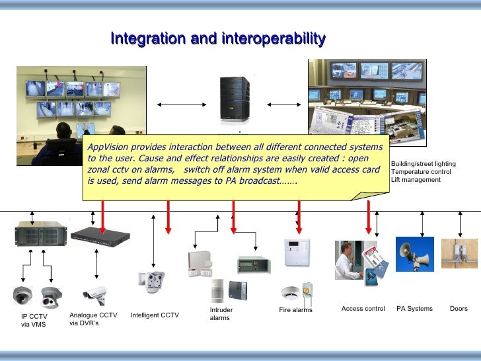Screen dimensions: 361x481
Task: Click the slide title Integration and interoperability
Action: coord(218,39)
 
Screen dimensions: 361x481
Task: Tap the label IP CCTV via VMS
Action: coord(34,320)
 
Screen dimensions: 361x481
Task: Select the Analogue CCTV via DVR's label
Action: coord(93,319)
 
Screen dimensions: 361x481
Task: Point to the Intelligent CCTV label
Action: coord(155,315)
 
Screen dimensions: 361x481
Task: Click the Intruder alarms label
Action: coord(221,313)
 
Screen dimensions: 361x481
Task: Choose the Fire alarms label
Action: coord(295,310)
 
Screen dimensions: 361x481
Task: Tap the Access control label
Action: coord(363,309)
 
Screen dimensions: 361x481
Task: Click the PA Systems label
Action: coord(414,309)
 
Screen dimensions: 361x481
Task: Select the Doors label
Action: coord(459,309)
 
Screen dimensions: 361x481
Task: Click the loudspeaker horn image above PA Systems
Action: coord(414,254)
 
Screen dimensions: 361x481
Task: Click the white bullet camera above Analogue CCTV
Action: coord(95,295)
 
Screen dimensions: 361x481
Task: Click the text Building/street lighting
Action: coord(423,164)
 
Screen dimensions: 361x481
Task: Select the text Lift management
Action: coord(416,180)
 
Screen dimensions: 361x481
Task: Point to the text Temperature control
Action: coord(421,172)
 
